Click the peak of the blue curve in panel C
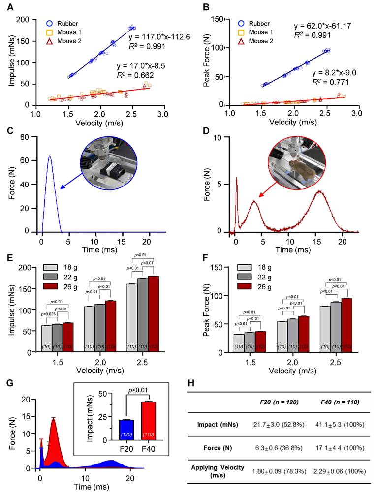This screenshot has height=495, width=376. point(49,156)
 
